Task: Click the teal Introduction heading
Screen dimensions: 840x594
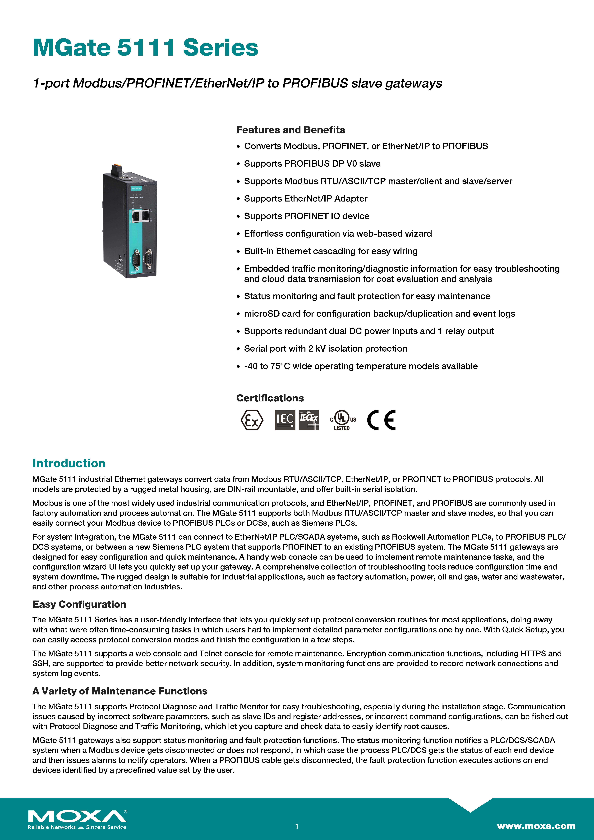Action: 69,463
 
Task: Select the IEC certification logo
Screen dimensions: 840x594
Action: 285,420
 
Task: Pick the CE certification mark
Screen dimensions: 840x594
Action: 381,420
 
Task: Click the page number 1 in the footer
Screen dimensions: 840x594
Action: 297,826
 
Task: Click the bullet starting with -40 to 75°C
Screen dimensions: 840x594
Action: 360,366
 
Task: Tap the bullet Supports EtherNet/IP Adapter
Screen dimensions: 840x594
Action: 306,199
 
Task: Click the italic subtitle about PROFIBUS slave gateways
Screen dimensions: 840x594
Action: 237,83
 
